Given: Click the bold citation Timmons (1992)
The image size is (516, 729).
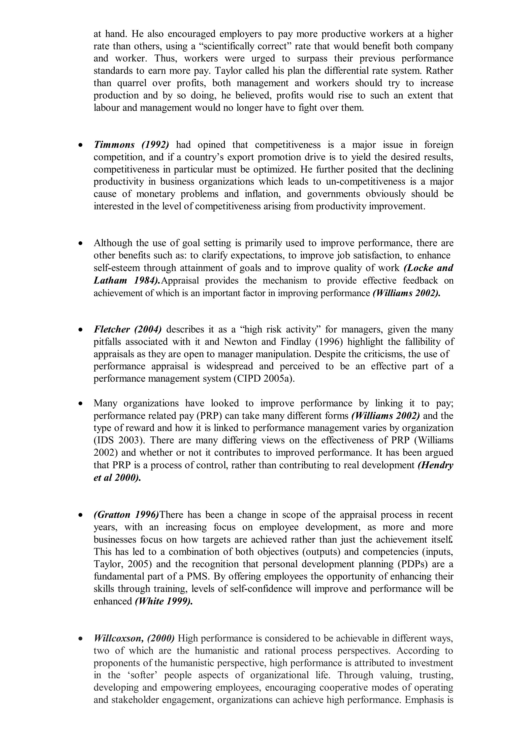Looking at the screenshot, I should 131,145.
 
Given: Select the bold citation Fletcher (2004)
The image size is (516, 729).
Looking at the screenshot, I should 127,329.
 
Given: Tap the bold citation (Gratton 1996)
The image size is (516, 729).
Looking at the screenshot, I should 126,515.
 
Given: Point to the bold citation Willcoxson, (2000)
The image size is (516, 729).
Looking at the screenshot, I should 134,638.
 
